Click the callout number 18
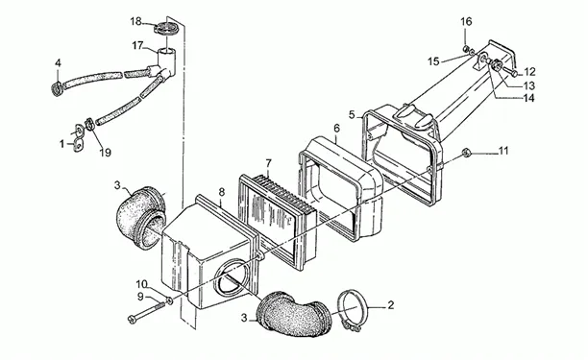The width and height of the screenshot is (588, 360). coord(135,21)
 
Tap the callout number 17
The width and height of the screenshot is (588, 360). coord(137,46)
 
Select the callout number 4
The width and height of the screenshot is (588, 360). coord(58,63)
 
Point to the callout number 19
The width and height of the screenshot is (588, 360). coord(106,153)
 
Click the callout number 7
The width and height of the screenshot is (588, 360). coord(268,163)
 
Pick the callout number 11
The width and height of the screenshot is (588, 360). coord(503,151)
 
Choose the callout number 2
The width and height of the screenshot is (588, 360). coord(391,305)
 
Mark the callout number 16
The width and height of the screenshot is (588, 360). coord(466,21)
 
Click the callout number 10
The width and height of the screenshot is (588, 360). coord(142,283)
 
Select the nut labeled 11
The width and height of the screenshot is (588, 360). coord(466,153)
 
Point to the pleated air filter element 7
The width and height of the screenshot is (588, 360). coord(278,221)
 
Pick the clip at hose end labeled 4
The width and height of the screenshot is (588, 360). coord(58,89)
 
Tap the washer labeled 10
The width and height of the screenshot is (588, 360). coord(169,300)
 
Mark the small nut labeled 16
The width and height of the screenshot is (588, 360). coord(466,48)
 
